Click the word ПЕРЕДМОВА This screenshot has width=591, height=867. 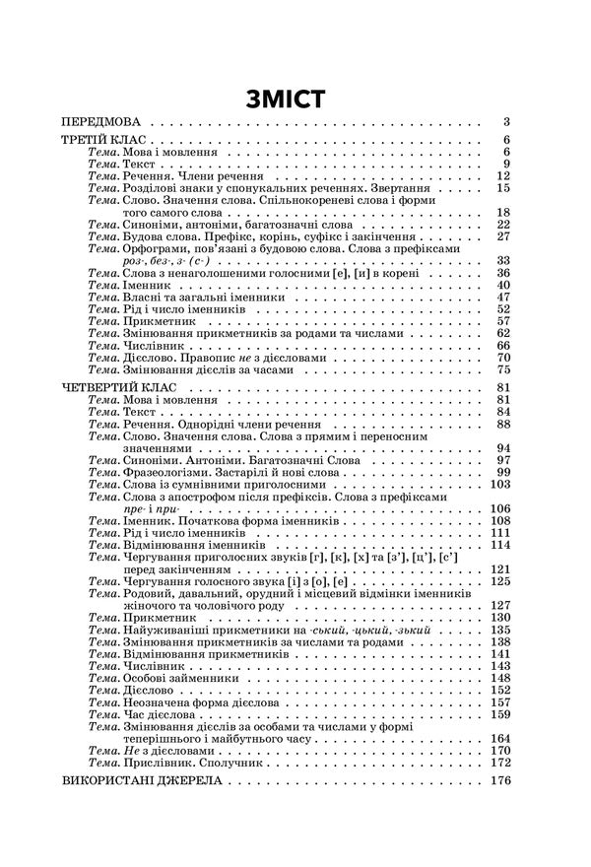105,123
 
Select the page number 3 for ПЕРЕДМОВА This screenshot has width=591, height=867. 504,123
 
